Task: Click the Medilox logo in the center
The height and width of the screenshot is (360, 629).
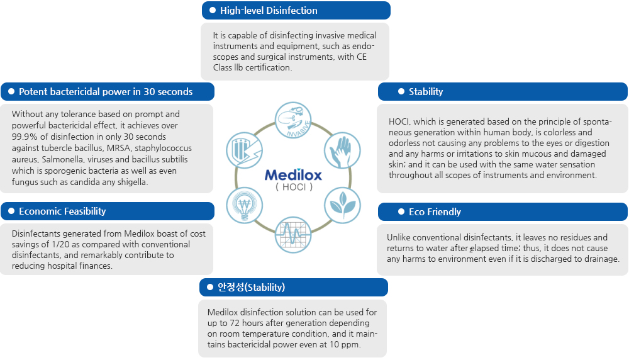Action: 294,174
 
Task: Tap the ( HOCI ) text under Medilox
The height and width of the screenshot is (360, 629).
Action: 294,188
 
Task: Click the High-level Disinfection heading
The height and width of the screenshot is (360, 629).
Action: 269,11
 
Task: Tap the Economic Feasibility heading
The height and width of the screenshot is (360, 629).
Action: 62,211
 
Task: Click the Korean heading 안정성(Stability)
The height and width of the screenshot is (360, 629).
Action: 251,288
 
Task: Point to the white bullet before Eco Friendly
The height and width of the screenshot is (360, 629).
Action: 401,211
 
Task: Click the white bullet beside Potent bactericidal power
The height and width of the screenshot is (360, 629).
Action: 11,92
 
